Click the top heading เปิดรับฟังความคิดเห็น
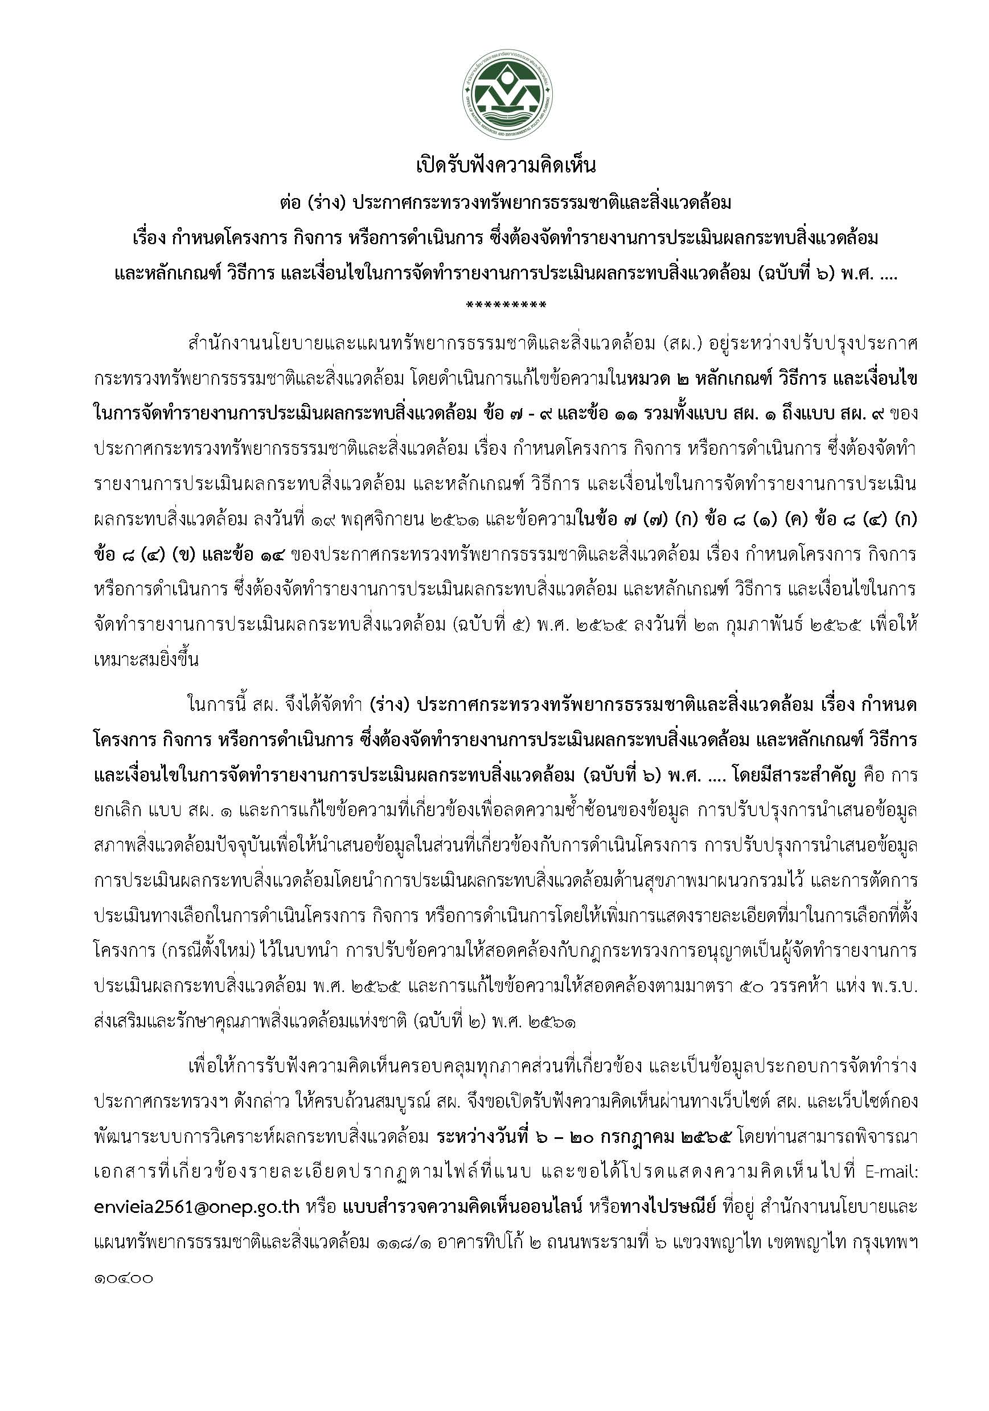(x=505, y=166)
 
